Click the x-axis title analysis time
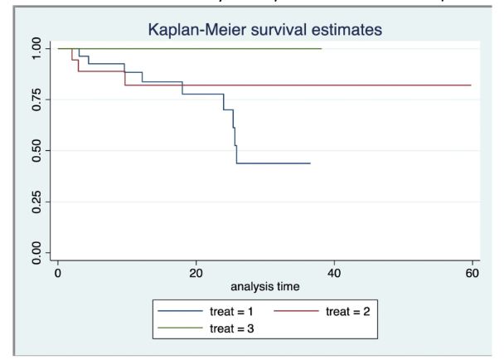(x=264, y=286)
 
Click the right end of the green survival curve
(x=321, y=49)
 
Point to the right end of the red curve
(x=471, y=85)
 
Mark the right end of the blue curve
(x=310, y=163)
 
